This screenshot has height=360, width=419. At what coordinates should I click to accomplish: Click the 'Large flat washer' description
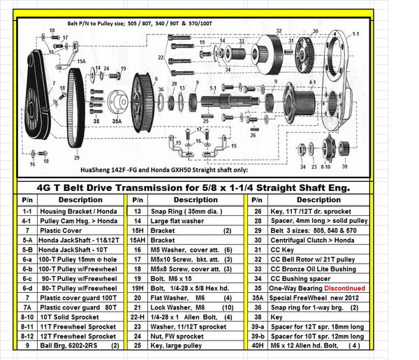coord(175,219)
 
